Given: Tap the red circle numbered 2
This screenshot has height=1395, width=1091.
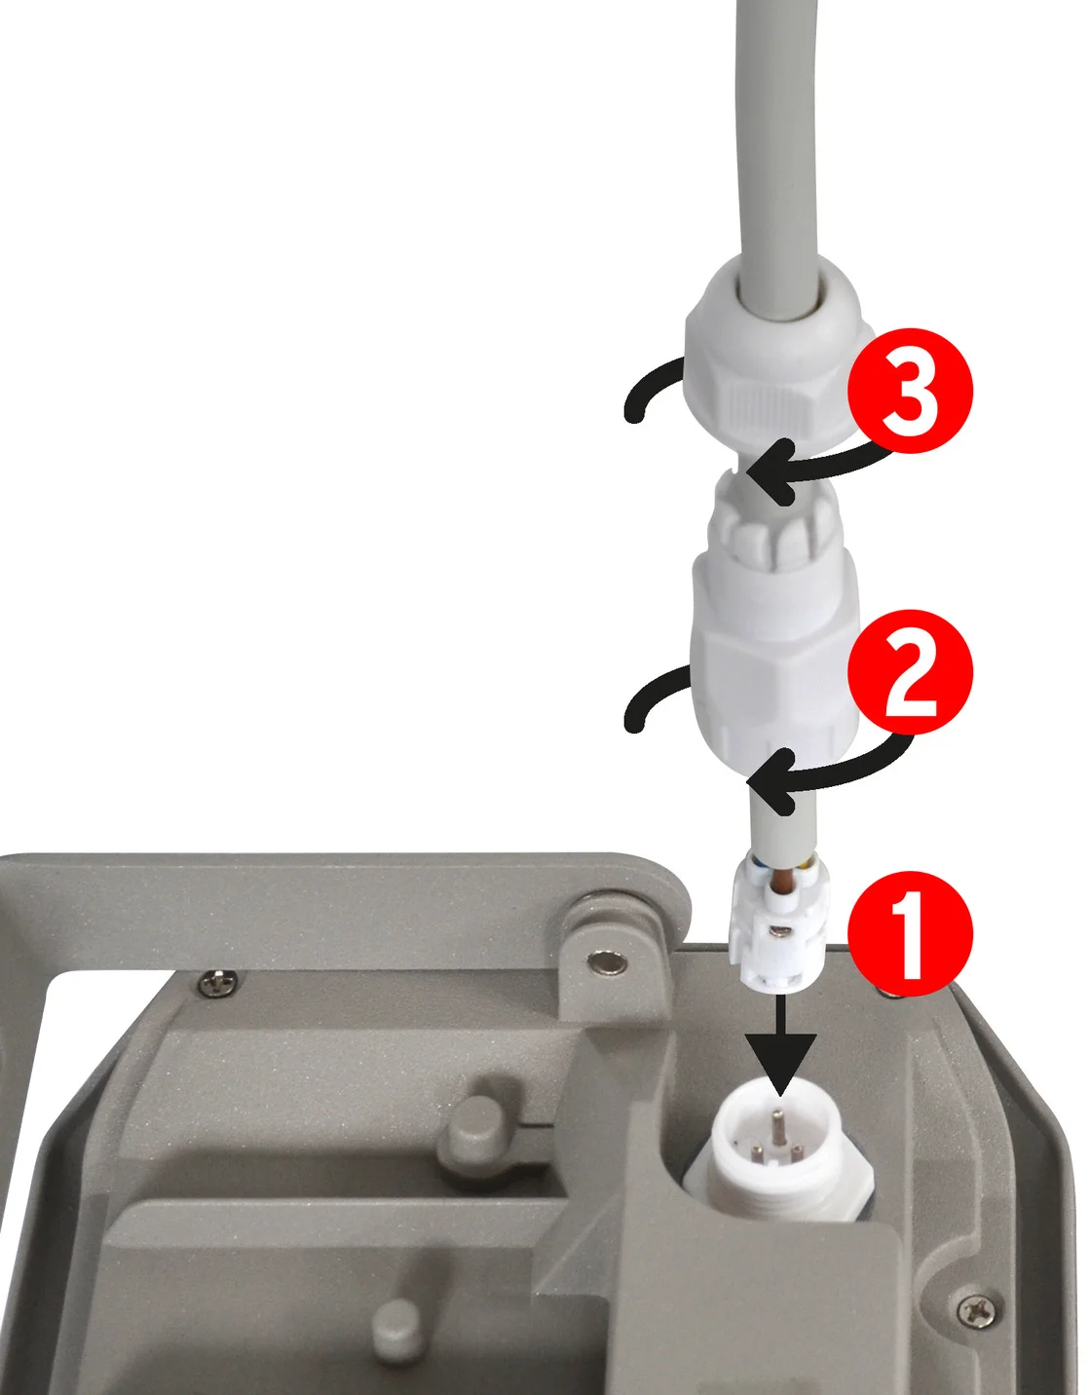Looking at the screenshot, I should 910,672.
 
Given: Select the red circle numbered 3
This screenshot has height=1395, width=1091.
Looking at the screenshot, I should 910,392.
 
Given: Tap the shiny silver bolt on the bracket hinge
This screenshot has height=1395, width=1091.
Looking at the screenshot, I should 607,964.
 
